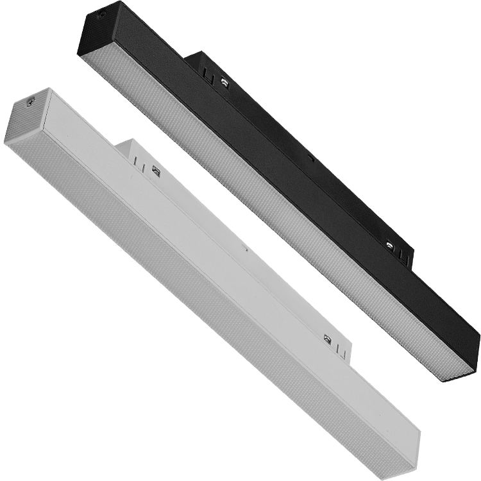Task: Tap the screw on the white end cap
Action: pyautogui.click(x=30, y=101)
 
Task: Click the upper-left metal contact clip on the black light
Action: pyautogui.click(x=225, y=81)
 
